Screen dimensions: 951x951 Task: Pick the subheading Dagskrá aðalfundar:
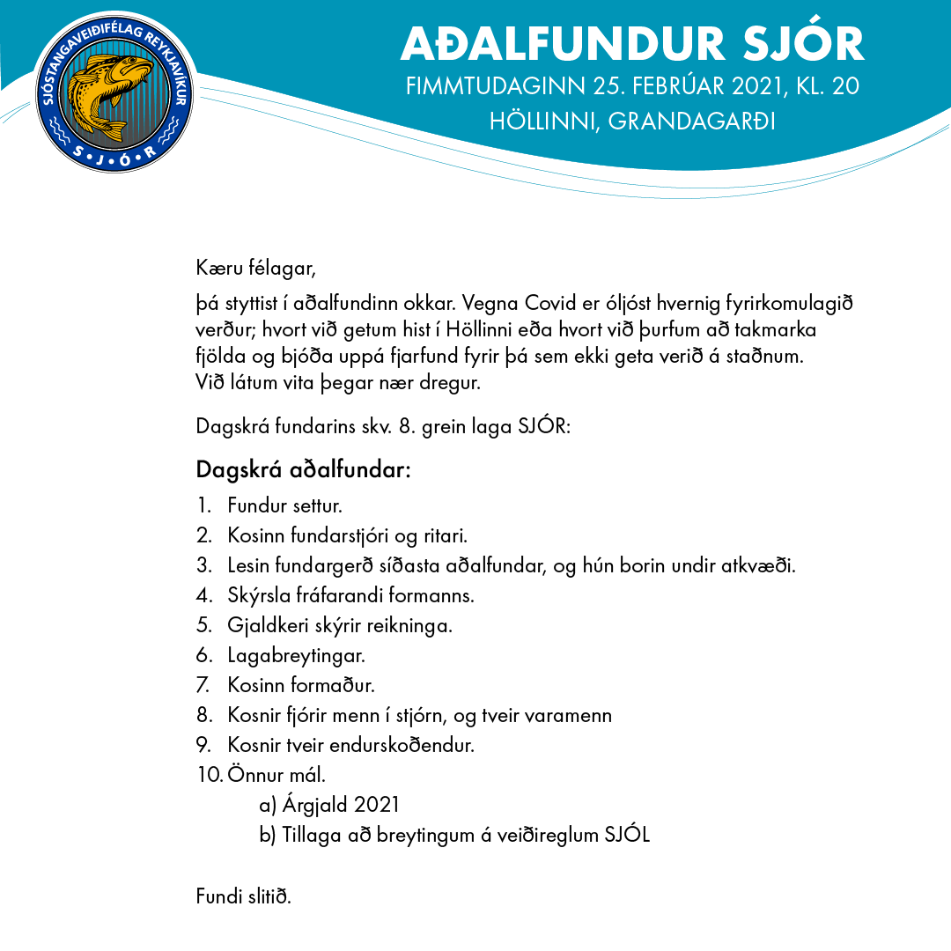coord(304,469)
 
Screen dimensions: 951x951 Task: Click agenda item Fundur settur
coord(284,506)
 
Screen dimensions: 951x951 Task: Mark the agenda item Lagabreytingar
coord(296,656)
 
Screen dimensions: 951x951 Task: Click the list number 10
coord(209,775)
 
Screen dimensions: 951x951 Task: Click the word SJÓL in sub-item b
coord(626,835)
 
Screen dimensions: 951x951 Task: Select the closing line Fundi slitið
coord(243,896)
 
